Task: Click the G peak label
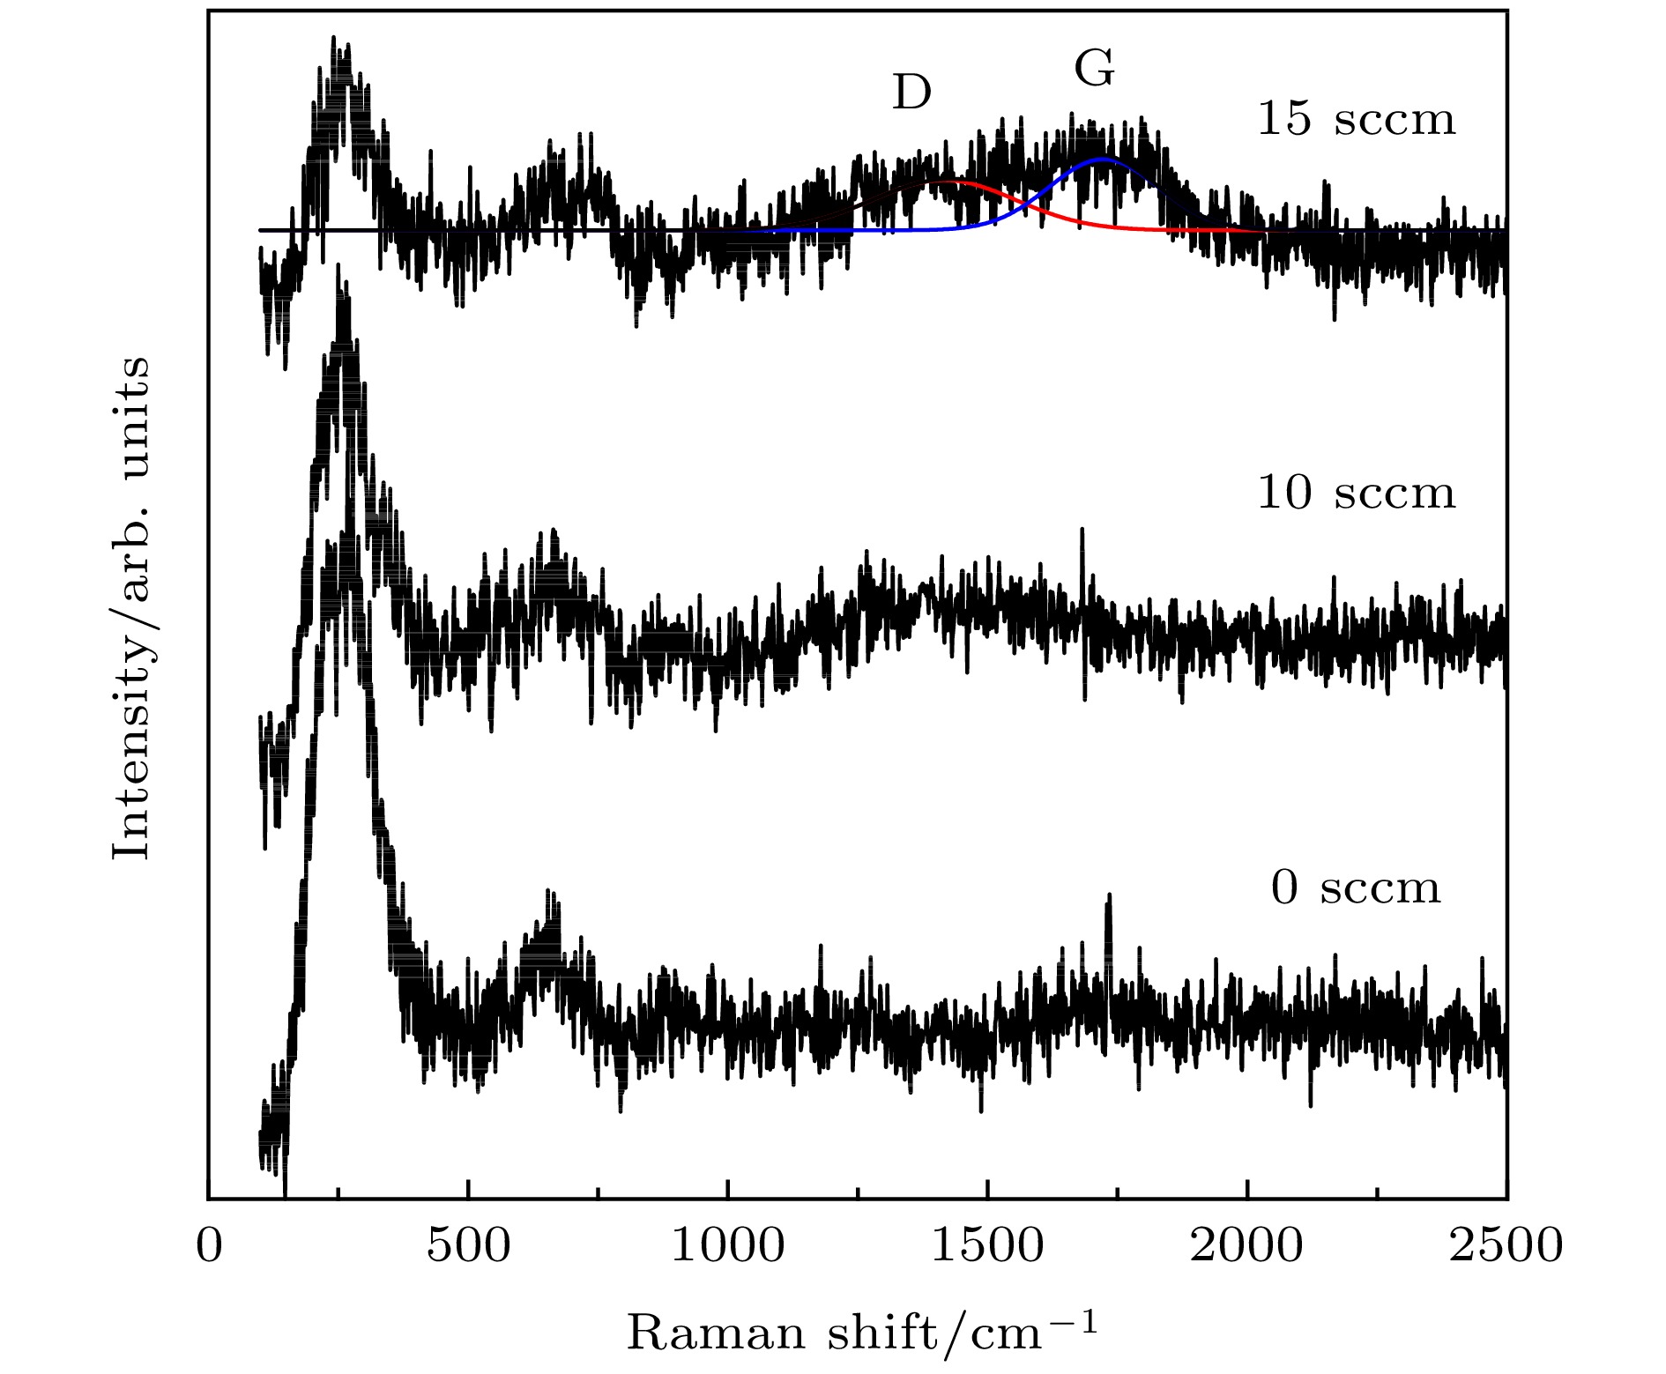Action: (x=1094, y=70)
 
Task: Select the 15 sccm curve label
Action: (x=1356, y=119)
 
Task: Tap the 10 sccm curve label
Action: (x=1356, y=493)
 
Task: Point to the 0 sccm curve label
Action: (x=1356, y=888)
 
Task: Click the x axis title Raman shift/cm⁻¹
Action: (x=862, y=1333)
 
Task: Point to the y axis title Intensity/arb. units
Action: (x=131, y=607)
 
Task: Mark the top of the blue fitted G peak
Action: (x=1102, y=160)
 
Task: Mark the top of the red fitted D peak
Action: (x=948, y=182)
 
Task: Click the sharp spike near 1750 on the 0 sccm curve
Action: (x=1109, y=895)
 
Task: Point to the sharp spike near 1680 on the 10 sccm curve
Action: (x=1082, y=530)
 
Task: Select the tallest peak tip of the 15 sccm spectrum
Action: (x=333, y=38)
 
